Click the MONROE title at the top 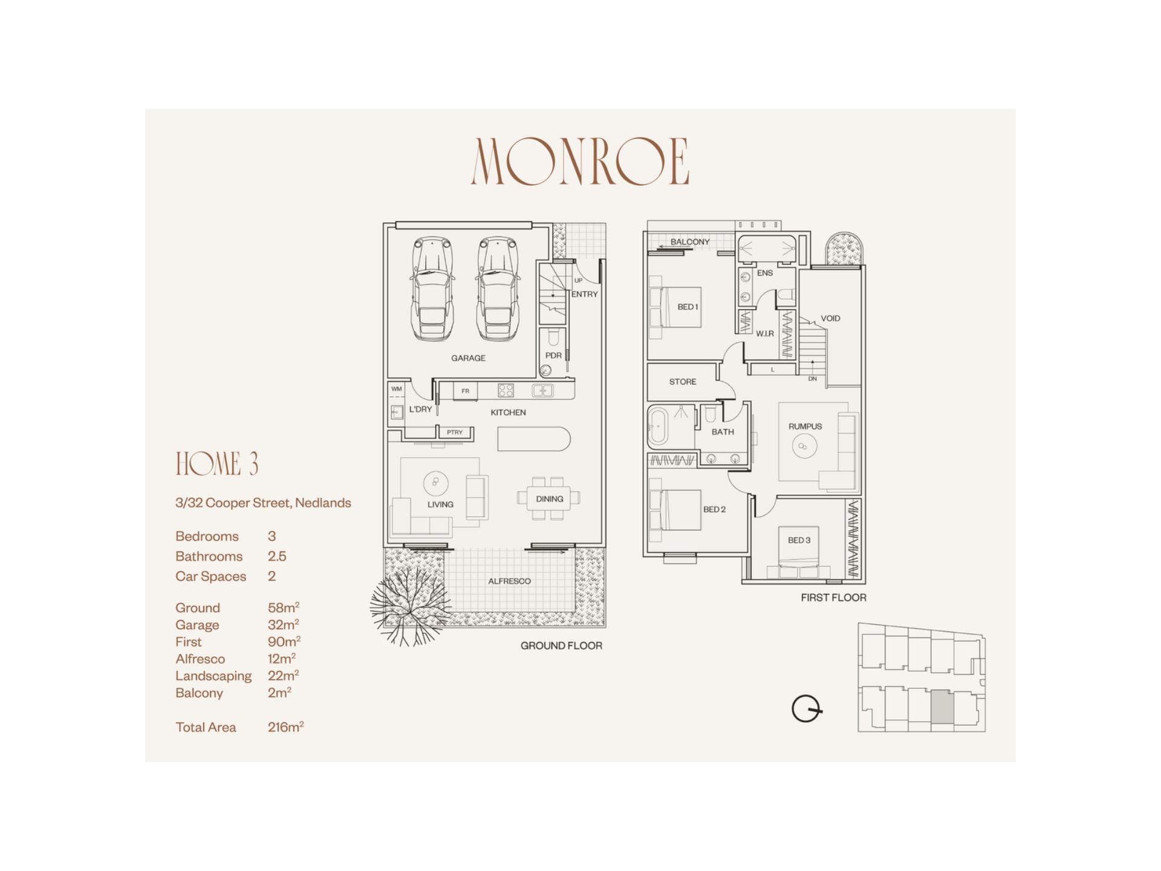point(580,161)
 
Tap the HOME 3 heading point(217,464)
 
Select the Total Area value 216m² point(285,726)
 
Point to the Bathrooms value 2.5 point(277,556)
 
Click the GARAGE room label point(468,358)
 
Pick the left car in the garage point(432,289)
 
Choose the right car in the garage point(498,289)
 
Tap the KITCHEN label point(508,413)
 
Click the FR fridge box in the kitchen point(465,391)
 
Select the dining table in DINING point(549,498)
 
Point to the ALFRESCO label point(509,581)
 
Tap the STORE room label point(683,382)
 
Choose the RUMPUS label point(805,426)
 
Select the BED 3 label point(799,540)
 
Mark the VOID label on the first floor point(830,318)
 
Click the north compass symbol point(807,709)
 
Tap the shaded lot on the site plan point(942,707)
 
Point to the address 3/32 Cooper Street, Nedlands point(263,503)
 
